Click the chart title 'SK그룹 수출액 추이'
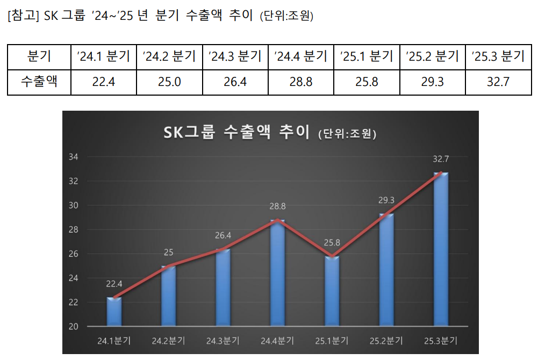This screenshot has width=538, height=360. [237, 132]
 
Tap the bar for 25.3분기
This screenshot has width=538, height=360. [441, 249]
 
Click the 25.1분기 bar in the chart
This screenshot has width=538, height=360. [332, 291]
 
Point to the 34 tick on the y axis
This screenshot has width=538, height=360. [74, 157]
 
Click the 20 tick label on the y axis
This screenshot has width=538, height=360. [74, 327]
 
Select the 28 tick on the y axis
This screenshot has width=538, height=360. [74, 229]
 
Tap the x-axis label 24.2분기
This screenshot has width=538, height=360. [169, 341]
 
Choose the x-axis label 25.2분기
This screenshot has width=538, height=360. [386, 341]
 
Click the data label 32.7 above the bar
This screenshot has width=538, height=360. [441, 160]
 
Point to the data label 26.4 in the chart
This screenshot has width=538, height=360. [223, 236]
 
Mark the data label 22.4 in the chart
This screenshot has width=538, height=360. [114, 284]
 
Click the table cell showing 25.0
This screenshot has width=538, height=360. [170, 82]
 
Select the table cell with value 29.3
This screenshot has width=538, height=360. [433, 82]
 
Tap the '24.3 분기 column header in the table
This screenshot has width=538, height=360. [235, 56]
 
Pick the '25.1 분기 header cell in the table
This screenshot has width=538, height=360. [367, 56]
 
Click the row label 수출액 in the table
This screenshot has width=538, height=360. [39, 82]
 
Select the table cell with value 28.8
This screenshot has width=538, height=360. [301, 82]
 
